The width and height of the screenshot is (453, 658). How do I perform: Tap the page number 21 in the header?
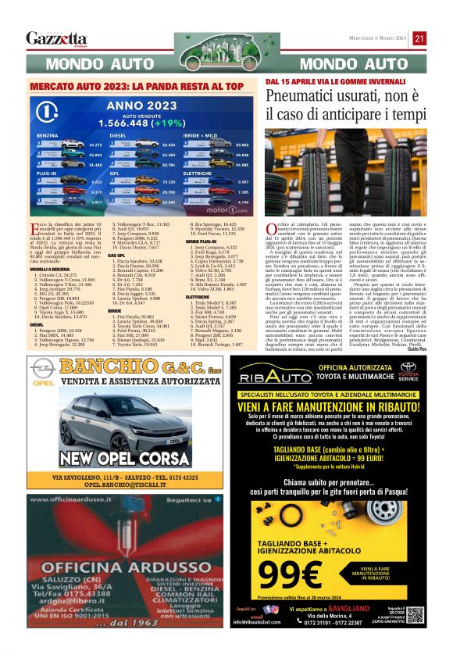pos(419,38)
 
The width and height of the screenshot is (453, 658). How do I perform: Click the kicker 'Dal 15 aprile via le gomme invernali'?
pos(315,81)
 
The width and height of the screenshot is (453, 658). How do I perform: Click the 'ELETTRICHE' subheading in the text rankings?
pos(198,276)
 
